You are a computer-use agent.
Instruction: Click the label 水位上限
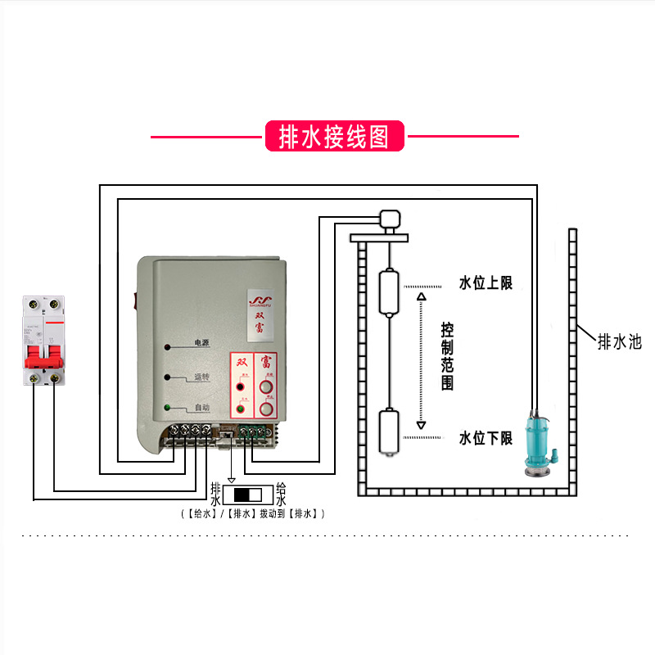[485, 283]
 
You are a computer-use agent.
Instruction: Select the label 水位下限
[485, 438]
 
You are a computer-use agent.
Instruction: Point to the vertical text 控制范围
[447, 356]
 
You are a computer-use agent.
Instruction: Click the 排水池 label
[619, 341]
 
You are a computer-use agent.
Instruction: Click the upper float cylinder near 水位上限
[389, 294]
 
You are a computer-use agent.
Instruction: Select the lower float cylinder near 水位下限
[389, 431]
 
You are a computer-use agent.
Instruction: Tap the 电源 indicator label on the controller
[201, 343]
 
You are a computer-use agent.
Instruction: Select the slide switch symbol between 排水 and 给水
[247, 495]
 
